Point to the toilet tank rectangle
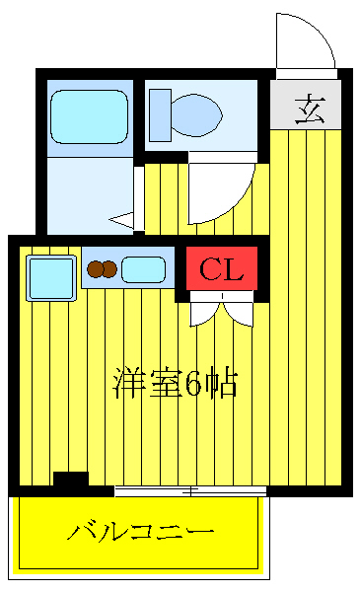click(159, 114)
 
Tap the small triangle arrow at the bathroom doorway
click(122, 221)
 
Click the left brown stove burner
click(96, 268)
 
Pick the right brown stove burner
click(110, 268)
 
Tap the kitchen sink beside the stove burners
click(144, 268)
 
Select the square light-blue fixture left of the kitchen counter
click(51, 277)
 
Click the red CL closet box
click(222, 267)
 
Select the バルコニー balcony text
click(140, 534)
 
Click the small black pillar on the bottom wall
click(70, 481)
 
